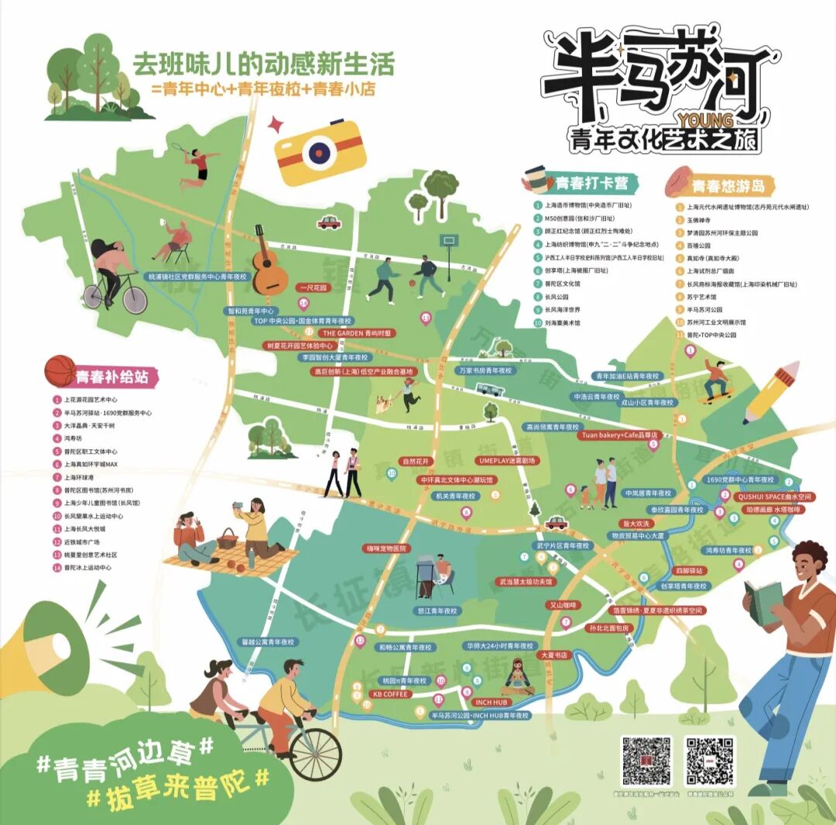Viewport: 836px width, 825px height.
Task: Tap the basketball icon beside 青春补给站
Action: pyautogui.click(x=60, y=371)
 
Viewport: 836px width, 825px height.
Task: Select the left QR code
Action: pyautogui.click(x=646, y=760)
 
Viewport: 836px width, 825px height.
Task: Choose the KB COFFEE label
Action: pyautogui.click(x=390, y=694)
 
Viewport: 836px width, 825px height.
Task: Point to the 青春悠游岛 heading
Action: pyautogui.click(x=728, y=186)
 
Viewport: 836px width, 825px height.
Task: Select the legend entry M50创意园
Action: pyautogui.click(x=573, y=218)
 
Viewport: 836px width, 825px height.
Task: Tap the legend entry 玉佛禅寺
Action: pyautogui.click(x=701, y=220)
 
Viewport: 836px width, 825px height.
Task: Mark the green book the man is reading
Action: pyautogui.click(x=763, y=603)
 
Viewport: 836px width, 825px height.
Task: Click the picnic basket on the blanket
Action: pyautogui.click(x=227, y=538)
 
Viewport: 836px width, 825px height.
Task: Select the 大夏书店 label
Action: pyautogui.click(x=553, y=655)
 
